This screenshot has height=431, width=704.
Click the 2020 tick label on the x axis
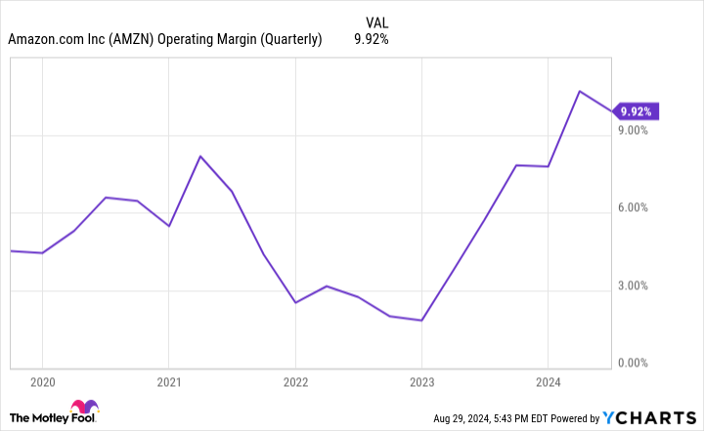[42, 382]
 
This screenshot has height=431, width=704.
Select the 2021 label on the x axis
[169, 382]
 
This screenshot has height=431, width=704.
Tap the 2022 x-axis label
[295, 382]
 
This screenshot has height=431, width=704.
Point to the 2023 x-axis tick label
[421, 382]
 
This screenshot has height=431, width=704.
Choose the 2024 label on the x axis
[548, 382]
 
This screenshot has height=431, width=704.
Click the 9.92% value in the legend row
[371, 40]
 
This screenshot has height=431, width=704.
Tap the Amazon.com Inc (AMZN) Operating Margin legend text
[165, 40]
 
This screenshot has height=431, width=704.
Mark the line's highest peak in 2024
[580, 91]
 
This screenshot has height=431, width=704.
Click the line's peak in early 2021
[200, 156]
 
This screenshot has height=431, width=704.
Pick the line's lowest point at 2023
[421, 321]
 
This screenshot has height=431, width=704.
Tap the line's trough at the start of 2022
[295, 303]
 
